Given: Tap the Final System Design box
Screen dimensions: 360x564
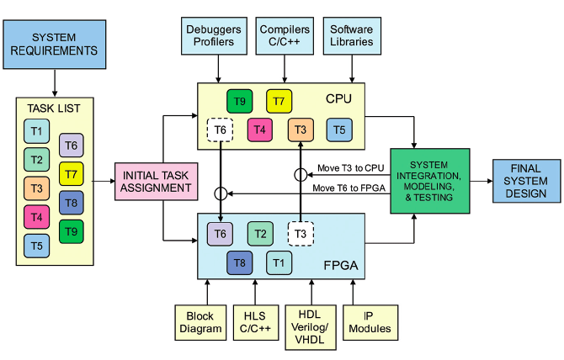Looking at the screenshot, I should coord(526,181).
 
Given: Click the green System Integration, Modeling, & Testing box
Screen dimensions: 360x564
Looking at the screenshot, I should coord(429,180).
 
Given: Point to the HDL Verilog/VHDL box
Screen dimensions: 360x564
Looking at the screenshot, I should coord(311,326).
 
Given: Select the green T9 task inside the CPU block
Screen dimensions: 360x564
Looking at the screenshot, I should coord(240,101).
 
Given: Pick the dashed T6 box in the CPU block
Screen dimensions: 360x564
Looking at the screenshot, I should coord(220,130).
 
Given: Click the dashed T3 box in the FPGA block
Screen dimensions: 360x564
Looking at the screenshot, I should coord(301,233).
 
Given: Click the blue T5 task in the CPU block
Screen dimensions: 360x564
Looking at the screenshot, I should coord(339,130).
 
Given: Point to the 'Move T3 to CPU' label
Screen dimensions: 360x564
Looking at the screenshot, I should coord(350,167).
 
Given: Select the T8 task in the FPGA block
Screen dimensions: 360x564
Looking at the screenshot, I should coord(240,262).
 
